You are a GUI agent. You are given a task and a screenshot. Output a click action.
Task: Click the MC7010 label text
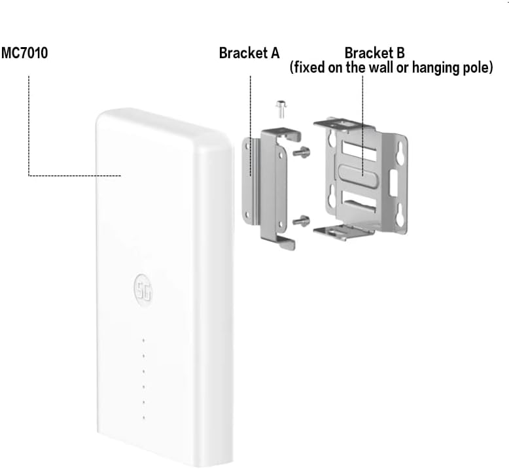[x=24, y=53]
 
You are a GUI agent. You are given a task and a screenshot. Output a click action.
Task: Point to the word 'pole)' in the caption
[x=476, y=68]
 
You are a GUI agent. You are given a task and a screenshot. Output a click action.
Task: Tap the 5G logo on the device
[x=143, y=290]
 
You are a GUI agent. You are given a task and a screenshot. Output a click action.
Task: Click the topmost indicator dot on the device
[x=144, y=341]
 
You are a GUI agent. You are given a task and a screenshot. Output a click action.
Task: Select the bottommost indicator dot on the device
[x=144, y=417]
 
